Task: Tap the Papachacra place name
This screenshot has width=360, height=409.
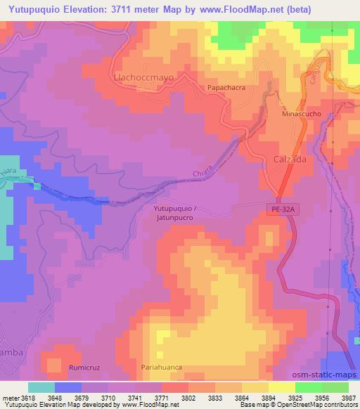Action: [x=225, y=88]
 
